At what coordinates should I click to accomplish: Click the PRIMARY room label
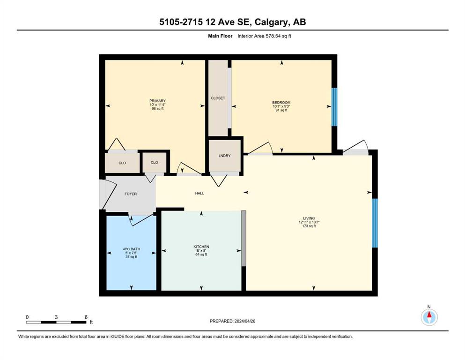coord(157,101)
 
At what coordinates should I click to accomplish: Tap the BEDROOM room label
coord(281,103)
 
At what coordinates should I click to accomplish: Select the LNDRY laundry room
coord(224,156)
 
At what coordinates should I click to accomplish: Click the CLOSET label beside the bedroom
coord(218,98)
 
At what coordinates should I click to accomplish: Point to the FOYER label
coord(131,194)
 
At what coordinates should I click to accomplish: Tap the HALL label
coord(199,193)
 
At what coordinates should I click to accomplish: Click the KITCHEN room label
coord(201,247)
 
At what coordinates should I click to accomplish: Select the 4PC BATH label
coord(132,249)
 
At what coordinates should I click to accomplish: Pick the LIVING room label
coord(309,218)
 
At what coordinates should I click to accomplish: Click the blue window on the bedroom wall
coord(334,107)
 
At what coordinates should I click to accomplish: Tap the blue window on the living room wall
coord(375,223)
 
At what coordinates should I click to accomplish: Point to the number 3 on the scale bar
coord(56,317)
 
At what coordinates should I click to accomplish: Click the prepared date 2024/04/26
coord(245,321)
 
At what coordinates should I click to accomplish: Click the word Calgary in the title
coord(272,22)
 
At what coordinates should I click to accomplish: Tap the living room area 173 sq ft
coord(309,226)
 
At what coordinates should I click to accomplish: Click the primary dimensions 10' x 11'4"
coord(157,105)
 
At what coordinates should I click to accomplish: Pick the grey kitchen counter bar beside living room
coord(244,238)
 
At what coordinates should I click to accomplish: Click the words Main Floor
coord(221,36)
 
